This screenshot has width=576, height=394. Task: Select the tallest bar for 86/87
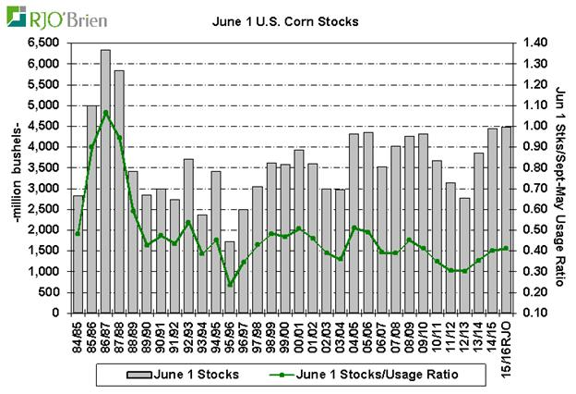(x=105, y=181)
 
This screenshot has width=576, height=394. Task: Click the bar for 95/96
(x=229, y=277)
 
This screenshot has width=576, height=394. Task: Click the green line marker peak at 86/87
(x=105, y=113)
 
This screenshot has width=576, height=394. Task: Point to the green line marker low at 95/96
(x=229, y=284)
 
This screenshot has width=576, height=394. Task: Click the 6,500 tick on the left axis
(x=45, y=43)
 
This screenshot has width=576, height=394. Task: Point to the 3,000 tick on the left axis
(x=45, y=188)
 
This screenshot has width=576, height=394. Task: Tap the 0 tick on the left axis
(x=55, y=313)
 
